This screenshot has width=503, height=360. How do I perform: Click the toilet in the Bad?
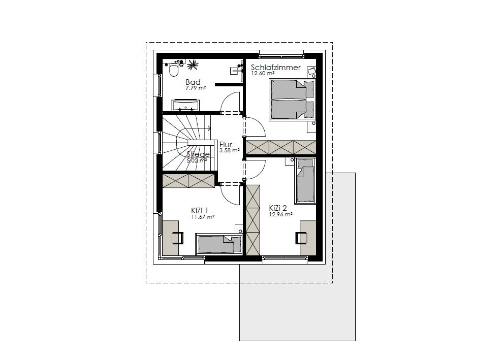click(x=174, y=70)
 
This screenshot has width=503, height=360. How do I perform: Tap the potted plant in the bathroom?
click(x=193, y=65)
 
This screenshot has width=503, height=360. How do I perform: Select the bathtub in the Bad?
click(x=185, y=105)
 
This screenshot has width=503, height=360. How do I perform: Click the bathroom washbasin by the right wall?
click(x=236, y=70)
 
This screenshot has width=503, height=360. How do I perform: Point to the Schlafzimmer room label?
click(x=275, y=68)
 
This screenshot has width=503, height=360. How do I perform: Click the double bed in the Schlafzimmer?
click(x=292, y=100)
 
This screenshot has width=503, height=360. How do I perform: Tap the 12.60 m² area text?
click(x=262, y=73)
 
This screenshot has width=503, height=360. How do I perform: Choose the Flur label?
click(x=226, y=145)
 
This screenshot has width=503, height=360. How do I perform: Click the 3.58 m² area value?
click(x=229, y=150)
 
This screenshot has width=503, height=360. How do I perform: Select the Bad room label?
click(x=193, y=82)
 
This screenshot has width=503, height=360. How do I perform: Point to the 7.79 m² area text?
click(x=196, y=87)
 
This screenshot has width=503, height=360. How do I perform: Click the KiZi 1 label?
click(x=200, y=211)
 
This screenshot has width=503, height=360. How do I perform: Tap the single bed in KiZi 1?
click(x=218, y=245)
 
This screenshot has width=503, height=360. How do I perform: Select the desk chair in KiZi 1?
click(x=177, y=238)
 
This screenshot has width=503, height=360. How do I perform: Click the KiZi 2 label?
click(x=278, y=208)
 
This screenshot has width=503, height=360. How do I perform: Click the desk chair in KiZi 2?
click(x=301, y=238)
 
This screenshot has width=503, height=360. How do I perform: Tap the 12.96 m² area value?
click(x=280, y=214)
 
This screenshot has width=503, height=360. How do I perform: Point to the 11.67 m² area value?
click(x=203, y=217)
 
